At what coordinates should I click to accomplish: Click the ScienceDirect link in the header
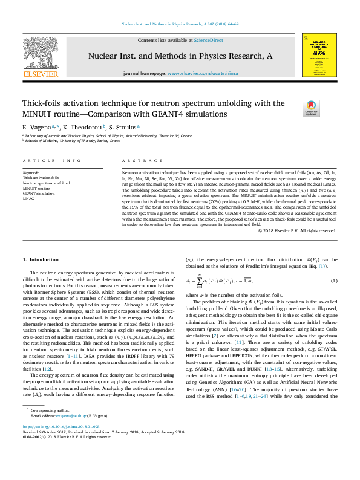point(209,40)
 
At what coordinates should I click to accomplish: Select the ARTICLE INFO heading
point(51,161)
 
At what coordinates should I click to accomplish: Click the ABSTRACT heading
point(136,161)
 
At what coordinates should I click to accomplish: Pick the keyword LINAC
point(29,198)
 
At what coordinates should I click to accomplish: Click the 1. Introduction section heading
point(41,259)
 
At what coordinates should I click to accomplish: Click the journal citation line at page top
point(180,25)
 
